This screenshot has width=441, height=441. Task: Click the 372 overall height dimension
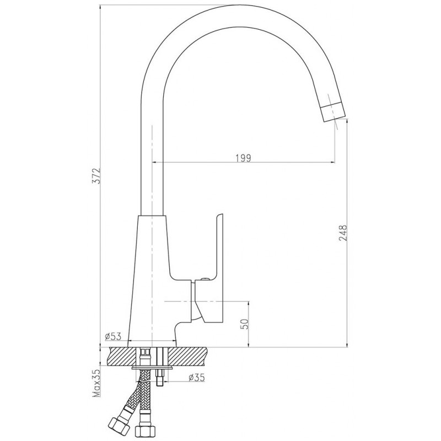click(x=97, y=176)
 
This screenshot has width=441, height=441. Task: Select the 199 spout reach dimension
click(x=243, y=158)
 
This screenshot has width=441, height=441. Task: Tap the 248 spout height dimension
click(x=343, y=233)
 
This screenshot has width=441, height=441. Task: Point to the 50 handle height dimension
click(x=244, y=324)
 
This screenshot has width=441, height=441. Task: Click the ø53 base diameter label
click(x=113, y=336)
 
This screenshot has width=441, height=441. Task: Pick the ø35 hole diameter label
click(x=197, y=378)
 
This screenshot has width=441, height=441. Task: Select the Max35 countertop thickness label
click(x=97, y=383)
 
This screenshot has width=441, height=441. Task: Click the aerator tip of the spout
click(x=334, y=111)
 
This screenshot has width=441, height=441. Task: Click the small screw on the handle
click(x=205, y=279)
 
